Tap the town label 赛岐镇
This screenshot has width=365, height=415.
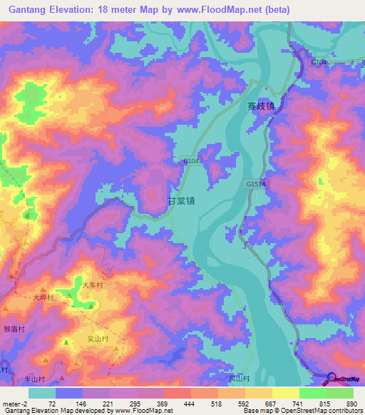click(x=260, y=104)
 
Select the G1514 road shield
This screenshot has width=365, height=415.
click(x=255, y=183)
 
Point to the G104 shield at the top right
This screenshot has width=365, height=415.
click(x=319, y=63)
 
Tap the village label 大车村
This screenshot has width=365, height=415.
click(x=93, y=285)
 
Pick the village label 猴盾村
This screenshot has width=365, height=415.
click(x=14, y=329)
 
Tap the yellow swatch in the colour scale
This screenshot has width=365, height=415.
click(x=285, y=393)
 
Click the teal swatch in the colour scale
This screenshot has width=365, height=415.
click(x=42, y=393)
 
